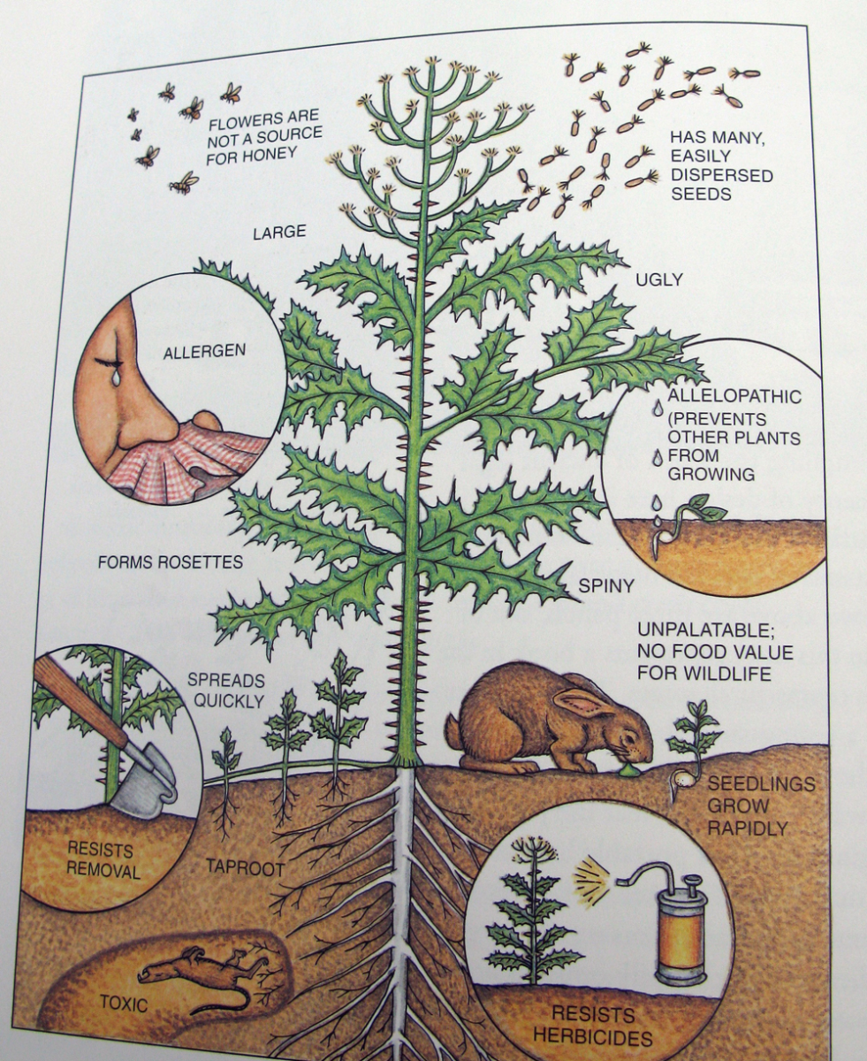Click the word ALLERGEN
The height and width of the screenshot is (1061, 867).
(x=204, y=351)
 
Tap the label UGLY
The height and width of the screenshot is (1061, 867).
(x=658, y=279)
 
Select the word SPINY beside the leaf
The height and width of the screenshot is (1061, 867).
(x=606, y=586)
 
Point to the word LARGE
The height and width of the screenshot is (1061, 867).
(x=279, y=233)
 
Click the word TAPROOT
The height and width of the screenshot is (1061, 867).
(x=246, y=867)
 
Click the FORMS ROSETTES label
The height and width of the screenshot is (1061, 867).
(x=170, y=562)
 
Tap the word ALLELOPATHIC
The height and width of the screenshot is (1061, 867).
(x=734, y=396)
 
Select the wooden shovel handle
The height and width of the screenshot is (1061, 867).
(x=81, y=702)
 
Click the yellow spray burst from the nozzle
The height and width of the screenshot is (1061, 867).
(x=593, y=874)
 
